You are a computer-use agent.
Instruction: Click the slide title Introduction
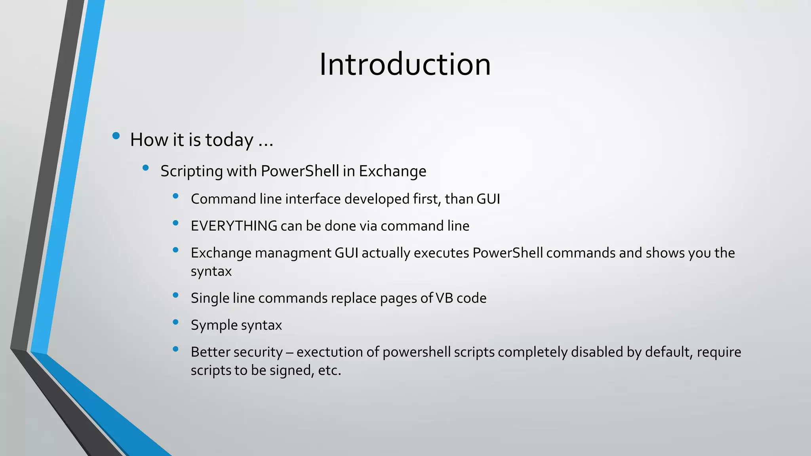[405, 64]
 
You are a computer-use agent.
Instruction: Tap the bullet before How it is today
[116, 136]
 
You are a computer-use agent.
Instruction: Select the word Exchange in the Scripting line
[392, 171]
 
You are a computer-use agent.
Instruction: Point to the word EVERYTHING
[234, 226]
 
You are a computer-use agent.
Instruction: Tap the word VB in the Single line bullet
[444, 298]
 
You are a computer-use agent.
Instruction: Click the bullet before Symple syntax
[175, 322]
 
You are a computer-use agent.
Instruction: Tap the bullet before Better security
[175, 349]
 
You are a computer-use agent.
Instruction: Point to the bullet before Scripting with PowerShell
[145, 168]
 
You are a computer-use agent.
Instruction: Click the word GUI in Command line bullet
[488, 199]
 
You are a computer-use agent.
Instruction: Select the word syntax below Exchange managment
[211, 272]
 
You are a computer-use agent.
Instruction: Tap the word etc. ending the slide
[329, 370]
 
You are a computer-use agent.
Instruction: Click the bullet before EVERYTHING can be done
[175, 223]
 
